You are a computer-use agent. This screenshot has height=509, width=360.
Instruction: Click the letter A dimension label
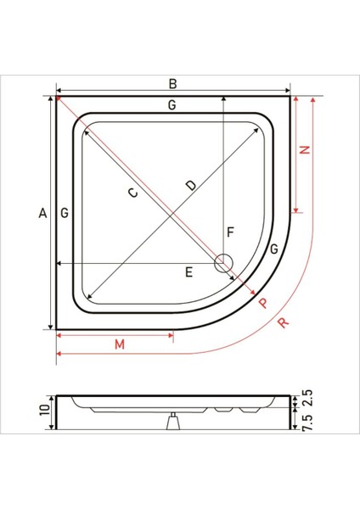[42, 215]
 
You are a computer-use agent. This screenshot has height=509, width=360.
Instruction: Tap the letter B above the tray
[172, 83]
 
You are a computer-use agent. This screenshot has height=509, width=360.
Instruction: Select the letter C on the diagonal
[132, 193]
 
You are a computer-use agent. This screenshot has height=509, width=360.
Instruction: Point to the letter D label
[191, 184]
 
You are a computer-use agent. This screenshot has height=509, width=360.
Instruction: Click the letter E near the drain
[190, 271]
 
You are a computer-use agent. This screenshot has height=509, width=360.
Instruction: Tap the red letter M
[120, 344]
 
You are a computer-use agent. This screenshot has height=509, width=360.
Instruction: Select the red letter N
[307, 150]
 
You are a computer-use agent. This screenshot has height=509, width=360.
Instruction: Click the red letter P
[263, 302]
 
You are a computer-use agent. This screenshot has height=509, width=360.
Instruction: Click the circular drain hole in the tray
[224, 264]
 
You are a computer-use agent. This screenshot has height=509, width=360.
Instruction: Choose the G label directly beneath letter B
[172, 105]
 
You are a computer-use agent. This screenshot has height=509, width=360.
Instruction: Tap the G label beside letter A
[65, 215]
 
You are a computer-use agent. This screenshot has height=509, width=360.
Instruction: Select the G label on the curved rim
[273, 249]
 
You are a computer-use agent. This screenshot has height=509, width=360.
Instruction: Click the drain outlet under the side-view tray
[173, 421]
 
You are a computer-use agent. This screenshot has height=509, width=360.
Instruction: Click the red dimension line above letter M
[115, 333]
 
